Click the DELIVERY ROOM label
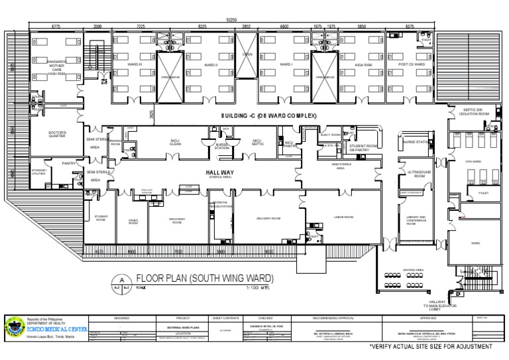click(268, 217)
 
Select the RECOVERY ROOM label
click(177, 221)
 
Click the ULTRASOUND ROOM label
click(414, 174)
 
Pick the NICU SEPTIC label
click(257, 142)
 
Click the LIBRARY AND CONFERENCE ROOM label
click(416, 220)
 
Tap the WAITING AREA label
click(413, 270)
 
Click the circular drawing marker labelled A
click(121, 280)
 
